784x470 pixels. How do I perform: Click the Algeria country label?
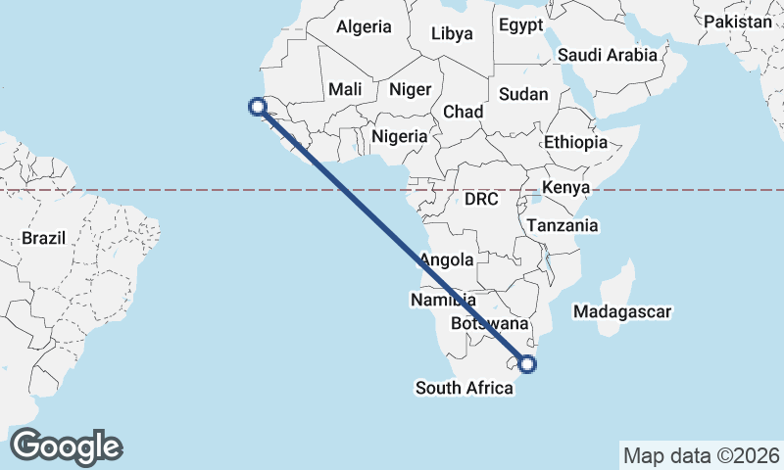(x=364, y=27)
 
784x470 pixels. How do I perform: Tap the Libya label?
(x=452, y=33)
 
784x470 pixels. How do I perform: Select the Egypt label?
(x=519, y=25)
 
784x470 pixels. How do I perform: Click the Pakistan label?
(x=738, y=22)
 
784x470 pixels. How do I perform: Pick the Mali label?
(x=345, y=89)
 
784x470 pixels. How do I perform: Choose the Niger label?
(x=410, y=89)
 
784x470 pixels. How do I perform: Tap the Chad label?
(x=463, y=112)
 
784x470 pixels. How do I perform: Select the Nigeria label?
(x=399, y=136)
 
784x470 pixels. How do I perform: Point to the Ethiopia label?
(x=576, y=142)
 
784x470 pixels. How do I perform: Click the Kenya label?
(x=565, y=187)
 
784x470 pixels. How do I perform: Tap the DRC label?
(x=481, y=199)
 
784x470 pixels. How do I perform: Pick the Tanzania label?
(x=563, y=225)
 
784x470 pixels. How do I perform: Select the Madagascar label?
(x=623, y=312)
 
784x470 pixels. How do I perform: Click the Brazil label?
(x=43, y=238)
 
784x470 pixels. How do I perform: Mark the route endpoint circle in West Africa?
(x=258, y=108)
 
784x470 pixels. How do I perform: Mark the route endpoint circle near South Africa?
(x=527, y=365)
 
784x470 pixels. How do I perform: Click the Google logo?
(x=66, y=446)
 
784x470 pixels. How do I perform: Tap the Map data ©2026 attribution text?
(x=702, y=455)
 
